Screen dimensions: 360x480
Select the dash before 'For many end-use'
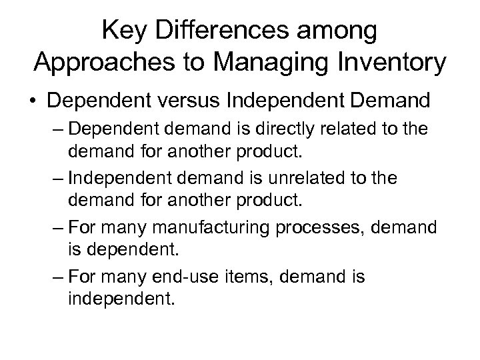[56, 276]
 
